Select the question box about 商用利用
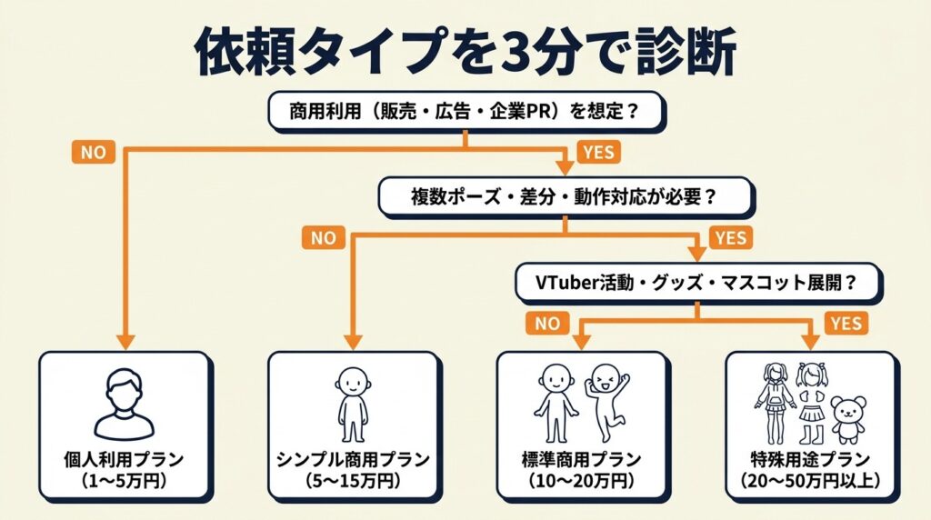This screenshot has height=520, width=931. (x=464, y=114)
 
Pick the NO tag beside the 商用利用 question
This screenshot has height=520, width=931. (x=93, y=152)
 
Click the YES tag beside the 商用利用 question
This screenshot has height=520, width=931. (x=597, y=152)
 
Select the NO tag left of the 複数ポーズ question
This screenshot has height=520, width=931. (x=324, y=238)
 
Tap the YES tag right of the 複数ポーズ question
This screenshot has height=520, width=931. (x=730, y=238)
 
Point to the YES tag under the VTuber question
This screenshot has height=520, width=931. (x=846, y=322)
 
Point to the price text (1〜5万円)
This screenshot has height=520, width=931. (x=124, y=478)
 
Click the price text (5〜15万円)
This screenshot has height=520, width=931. (x=352, y=478)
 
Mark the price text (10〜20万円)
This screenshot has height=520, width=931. (x=580, y=478)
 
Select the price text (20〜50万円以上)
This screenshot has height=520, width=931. (x=808, y=478)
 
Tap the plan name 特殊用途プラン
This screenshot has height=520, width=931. (x=808, y=458)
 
